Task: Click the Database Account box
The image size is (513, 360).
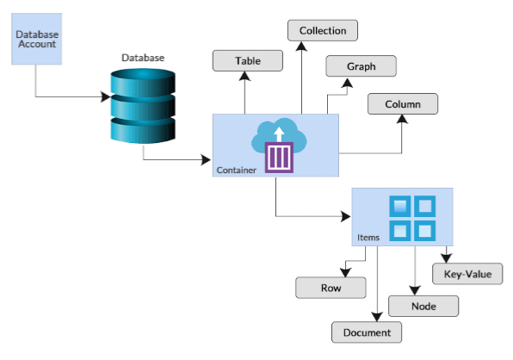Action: [x=37, y=38]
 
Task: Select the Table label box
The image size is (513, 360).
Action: [x=248, y=61]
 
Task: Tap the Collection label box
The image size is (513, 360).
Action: [x=322, y=31]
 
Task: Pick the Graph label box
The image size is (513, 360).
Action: [x=361, y=66]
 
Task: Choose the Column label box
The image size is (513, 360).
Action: [x=403, y=104]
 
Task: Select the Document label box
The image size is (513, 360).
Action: [x=367, y=332]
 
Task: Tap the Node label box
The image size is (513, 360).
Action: [x=423, y=306]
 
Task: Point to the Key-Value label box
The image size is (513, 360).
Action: [x=467, y=275]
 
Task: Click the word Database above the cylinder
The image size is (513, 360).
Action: [x=143, y=58]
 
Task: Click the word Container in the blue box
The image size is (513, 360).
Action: [x=236, y=171]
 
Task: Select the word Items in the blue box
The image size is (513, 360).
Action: [x=368, y=237]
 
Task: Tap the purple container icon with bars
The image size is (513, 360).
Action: [x=279, y=158]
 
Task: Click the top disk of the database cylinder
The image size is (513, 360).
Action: [x=143, y=83]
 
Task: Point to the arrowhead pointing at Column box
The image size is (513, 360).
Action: [x=402, y=121]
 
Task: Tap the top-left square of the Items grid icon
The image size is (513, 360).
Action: [x=400, y=207]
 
